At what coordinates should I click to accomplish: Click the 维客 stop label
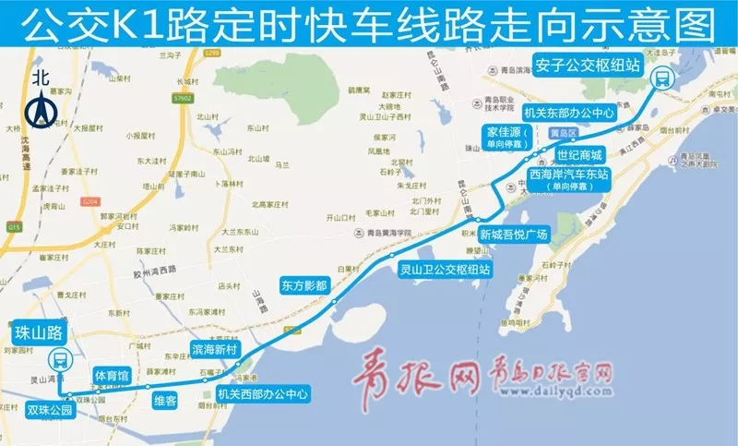(x=165, y=400)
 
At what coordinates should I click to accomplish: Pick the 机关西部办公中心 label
(x=261, y=393)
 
